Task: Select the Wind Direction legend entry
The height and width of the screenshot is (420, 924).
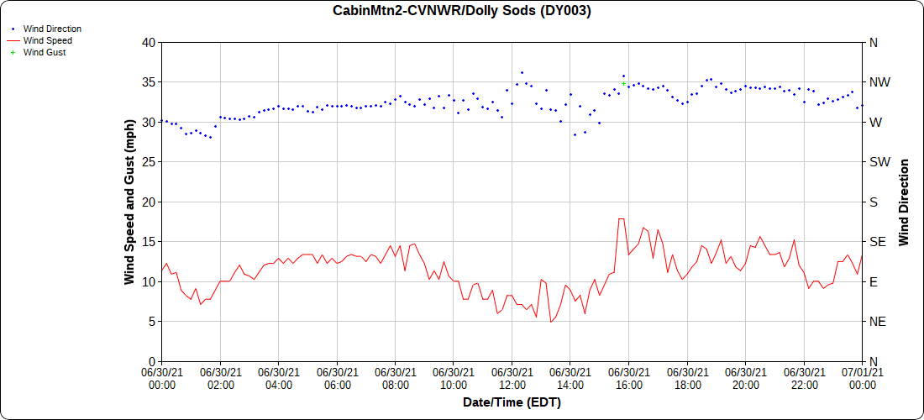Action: [52, 29]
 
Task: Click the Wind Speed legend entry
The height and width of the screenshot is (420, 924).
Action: [47, 40]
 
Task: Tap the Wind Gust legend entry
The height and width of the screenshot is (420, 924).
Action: [45, 52]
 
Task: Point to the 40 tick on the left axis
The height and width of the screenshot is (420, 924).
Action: [149, 42]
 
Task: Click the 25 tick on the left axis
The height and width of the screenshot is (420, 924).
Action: [149, 162]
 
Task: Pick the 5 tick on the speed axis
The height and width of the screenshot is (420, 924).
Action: [152, 322]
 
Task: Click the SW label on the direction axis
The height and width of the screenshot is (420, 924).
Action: [877, 162]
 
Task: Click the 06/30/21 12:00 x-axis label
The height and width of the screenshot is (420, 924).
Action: [512, 379]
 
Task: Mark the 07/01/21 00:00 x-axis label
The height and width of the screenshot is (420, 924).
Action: [862, 379]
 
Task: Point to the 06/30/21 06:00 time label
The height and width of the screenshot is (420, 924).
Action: [337, 379]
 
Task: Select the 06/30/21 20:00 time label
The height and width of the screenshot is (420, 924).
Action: [745, 379]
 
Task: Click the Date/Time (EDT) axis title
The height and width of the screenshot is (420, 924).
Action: [512, 402]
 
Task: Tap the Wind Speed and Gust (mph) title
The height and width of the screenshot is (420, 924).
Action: [130, 202]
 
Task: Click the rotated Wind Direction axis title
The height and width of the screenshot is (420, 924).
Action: [905, 202]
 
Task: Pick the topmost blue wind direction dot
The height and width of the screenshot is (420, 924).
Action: [522, 72]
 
